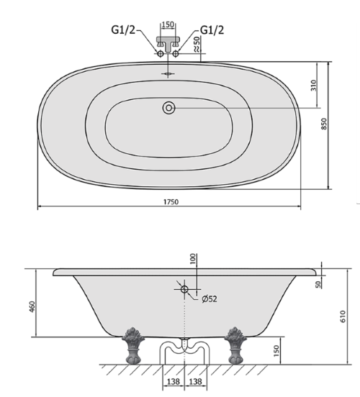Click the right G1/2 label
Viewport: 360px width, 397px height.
tap(211, 29)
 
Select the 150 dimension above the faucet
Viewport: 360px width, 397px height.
tap(167, 23)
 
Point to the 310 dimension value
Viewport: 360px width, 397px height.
tap(314, 85)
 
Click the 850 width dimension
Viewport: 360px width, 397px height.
tap(325, 124)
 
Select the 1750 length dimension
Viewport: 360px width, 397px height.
tap(170, 202)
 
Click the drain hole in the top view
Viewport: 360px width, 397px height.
tap(168, 108)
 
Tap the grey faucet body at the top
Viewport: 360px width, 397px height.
tap(167, 45)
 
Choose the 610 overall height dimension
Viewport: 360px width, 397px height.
tap(343, 315)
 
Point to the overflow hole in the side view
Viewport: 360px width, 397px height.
tap(184, 289)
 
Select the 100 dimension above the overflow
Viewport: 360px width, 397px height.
tap(193, 259)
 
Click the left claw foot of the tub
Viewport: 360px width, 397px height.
tap(132, 346)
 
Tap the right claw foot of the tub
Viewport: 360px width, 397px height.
tap(234, 346)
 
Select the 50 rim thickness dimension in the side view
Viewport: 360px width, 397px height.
tap(319, 284)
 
